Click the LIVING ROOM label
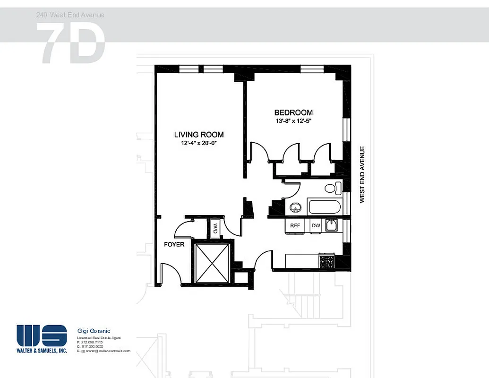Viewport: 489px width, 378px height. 198,134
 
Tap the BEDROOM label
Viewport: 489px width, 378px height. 293,112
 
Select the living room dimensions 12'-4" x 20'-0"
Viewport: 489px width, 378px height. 198,143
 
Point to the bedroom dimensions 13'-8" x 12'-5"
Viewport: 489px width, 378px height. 293,121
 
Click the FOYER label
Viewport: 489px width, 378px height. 174,244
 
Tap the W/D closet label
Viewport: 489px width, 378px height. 215,229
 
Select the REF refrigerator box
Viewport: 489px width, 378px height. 295,226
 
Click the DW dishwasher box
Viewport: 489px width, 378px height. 316,226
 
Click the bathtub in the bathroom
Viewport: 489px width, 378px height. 324,207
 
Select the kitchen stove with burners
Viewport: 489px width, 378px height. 327,260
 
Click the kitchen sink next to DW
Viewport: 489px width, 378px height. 332,225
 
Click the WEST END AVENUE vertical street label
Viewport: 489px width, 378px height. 362,175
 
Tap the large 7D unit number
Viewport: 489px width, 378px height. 71,43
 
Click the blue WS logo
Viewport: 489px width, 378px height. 42,335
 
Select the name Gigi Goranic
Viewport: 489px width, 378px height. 94,331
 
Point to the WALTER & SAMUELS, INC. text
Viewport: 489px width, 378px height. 42,351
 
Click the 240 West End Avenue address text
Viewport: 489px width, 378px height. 70,15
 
